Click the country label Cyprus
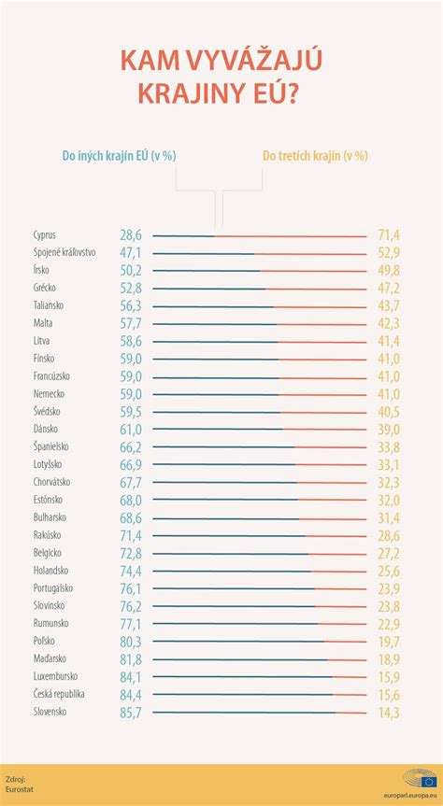click(x=45, y=234)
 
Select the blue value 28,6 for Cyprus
click(x=131, y=234)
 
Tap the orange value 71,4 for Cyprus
click(x=388, y=234)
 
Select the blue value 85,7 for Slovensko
click(x=131, y=713)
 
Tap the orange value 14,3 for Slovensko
click(x=388, y=713)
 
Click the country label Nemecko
click(x=50, y=394)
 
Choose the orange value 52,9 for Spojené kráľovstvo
click(x=388, y=252)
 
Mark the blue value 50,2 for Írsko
click(x=131, y=270)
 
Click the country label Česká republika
click(x=59, y=695)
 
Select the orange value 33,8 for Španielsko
click(x=388, y=447)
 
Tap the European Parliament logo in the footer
click(x=420, y=777)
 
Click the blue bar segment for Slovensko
click(x=243, y=713)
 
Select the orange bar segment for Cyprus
click(x=290, y=235)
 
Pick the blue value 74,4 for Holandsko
click(x=131, y=571)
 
